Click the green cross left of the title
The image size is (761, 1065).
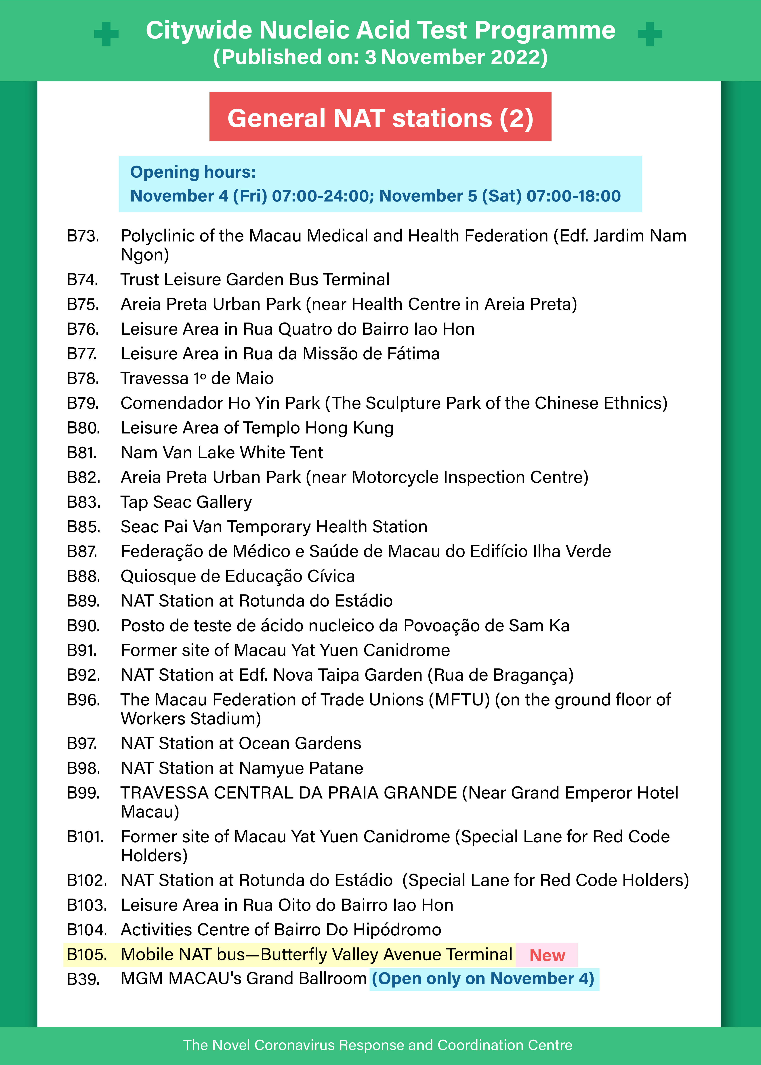coord(106,34)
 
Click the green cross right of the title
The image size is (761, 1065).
coord(650,34)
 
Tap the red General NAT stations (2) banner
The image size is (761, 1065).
coord(380,117)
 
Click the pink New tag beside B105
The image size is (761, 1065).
coord(547,955)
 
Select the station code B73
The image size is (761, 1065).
coord(83,236)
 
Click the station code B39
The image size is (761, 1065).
coord(83,979)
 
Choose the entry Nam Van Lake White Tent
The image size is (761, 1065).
coord(222,452)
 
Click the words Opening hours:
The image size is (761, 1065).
coord(193,172)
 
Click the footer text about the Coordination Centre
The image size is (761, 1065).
coord(378,1045)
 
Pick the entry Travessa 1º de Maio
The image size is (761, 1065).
coord(197,378)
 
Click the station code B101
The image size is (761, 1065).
coord(85,836)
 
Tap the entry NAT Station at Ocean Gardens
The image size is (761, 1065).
coord(241,743)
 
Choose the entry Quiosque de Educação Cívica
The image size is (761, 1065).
coord(238,576)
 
